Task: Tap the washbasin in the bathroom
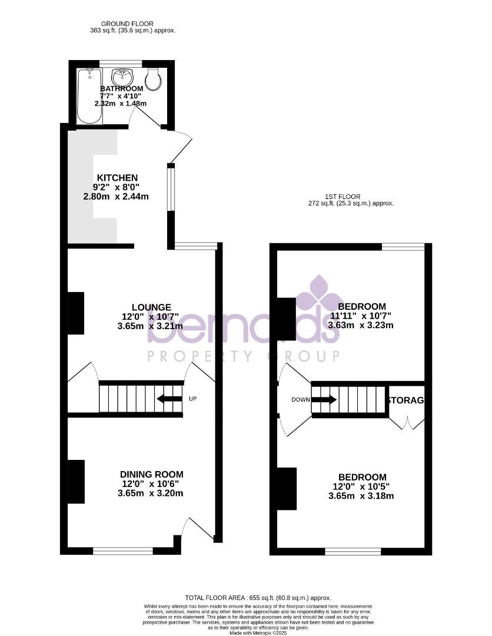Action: (123, 77)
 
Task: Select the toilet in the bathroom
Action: (154, 79)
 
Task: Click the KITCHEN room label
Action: (117, 178)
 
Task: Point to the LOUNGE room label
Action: (151, 307)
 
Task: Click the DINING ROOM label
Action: (151, 474)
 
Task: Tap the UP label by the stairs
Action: (192, 399)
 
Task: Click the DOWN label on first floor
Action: (300, 400)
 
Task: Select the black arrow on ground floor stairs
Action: (169, 399)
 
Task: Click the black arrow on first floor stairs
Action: (324, 400)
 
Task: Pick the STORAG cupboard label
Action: (406, 400)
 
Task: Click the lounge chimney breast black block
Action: (77, 313)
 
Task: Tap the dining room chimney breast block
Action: (77, 481)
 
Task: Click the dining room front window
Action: (123, 551)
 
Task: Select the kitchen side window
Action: (171, 188)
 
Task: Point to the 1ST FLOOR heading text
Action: (343, 197)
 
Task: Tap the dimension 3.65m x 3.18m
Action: (361, 496)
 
